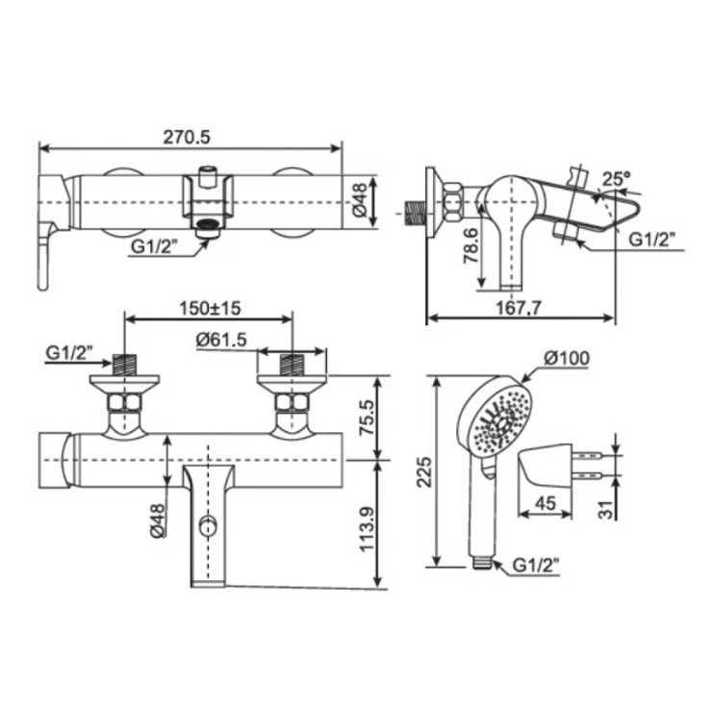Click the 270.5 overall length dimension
[187, 137]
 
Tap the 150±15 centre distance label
[210, 308]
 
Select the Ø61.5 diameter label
[221, 340]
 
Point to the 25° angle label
[616, 178]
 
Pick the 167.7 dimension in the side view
[519, 308]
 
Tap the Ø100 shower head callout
[567, 358]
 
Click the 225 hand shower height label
[425, 471]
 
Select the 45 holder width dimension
[546, 503]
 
